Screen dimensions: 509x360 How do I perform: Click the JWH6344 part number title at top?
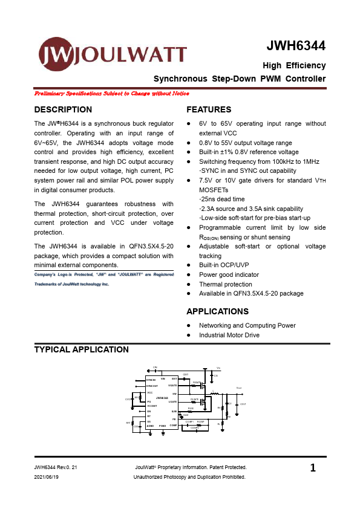pos(296,47)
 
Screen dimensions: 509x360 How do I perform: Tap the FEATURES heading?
pos(209,109)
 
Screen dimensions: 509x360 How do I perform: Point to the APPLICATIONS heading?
pos(217,311)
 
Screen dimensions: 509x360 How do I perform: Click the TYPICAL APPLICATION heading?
pos(82,349)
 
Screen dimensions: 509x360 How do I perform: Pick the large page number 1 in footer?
pos(313,468)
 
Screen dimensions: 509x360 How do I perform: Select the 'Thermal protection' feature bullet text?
pos(226,284)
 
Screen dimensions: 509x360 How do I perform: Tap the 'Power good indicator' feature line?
pos(229,274)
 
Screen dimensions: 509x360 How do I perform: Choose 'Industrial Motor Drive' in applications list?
pos(229,335)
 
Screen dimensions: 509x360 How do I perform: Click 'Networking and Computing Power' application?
pos(247,325)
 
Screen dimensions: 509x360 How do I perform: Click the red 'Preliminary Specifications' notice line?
pos(112,94)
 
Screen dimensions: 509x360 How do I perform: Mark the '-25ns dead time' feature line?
pos(222,199)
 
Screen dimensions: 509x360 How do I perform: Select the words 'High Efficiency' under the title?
pos(294,65)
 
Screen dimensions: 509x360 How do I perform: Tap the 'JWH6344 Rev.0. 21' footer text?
pos(56,468)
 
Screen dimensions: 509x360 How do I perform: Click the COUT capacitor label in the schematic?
pos(243,404)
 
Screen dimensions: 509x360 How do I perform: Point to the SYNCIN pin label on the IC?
pos(151,378)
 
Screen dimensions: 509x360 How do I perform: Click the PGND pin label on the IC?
pos(162,426)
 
